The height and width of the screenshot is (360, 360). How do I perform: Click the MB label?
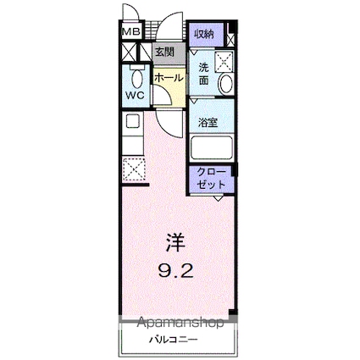(131, 32)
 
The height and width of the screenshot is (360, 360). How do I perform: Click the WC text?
(135, 95)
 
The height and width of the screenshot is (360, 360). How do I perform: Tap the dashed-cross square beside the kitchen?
(133, 169)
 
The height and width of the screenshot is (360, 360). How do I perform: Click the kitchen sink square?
(133, 121)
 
